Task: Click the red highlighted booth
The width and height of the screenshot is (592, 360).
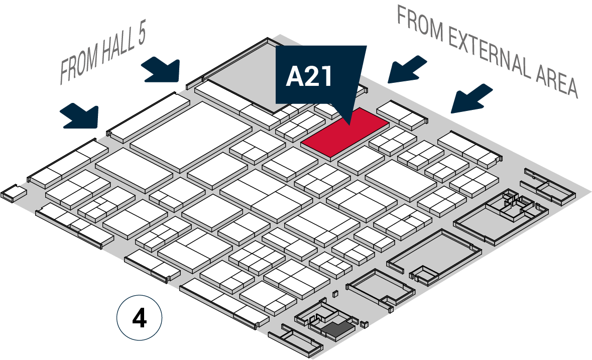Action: pyautogui.click(x=345, y=133)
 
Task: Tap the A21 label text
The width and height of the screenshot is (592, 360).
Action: pyautogui.click(x=309, y=77)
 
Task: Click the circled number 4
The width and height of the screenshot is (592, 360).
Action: pyautogui.click(x=139, y=318)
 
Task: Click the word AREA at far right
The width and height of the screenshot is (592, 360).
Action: pyautogui.click(x=557, y=83)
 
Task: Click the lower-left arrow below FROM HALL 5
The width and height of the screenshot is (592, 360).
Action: pyautogui.click(x=80, y=116)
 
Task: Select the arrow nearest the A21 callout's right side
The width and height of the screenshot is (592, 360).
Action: pyautogui.click(x=407, y=70)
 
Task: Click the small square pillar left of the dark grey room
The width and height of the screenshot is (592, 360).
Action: pyautogui.click(x=335, y=294)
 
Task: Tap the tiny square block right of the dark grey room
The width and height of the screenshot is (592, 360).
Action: pyautogui.click(x=364, y=324)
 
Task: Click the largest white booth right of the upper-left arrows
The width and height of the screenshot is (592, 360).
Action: pyautogui.click(x=191, y=136)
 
